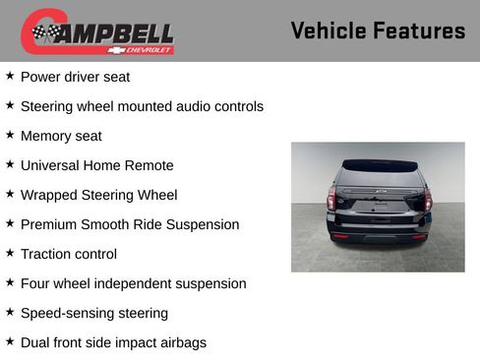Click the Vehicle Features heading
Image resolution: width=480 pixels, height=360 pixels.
coord(378,31)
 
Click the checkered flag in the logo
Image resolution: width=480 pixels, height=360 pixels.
coord(44,33)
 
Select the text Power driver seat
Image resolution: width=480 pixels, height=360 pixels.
coord(75,77)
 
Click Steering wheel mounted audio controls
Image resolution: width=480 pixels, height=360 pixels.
coord(142,106)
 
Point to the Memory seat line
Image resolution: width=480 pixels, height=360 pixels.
coord(61,136)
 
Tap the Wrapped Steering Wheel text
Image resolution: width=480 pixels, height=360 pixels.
coord(98,195)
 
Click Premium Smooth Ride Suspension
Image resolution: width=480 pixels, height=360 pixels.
coord(130,224)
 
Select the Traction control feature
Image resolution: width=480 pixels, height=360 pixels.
coord(69,254)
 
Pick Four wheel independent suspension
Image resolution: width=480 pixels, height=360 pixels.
coord(133,283)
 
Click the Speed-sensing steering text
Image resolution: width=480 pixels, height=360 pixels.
coord(94,313)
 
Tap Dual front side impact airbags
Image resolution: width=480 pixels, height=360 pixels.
coord(113,342)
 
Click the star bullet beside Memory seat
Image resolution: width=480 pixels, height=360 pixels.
coord(10,134)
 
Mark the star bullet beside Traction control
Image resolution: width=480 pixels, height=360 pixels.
coord(10,252)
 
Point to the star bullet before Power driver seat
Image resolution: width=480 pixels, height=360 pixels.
coord(10,75)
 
